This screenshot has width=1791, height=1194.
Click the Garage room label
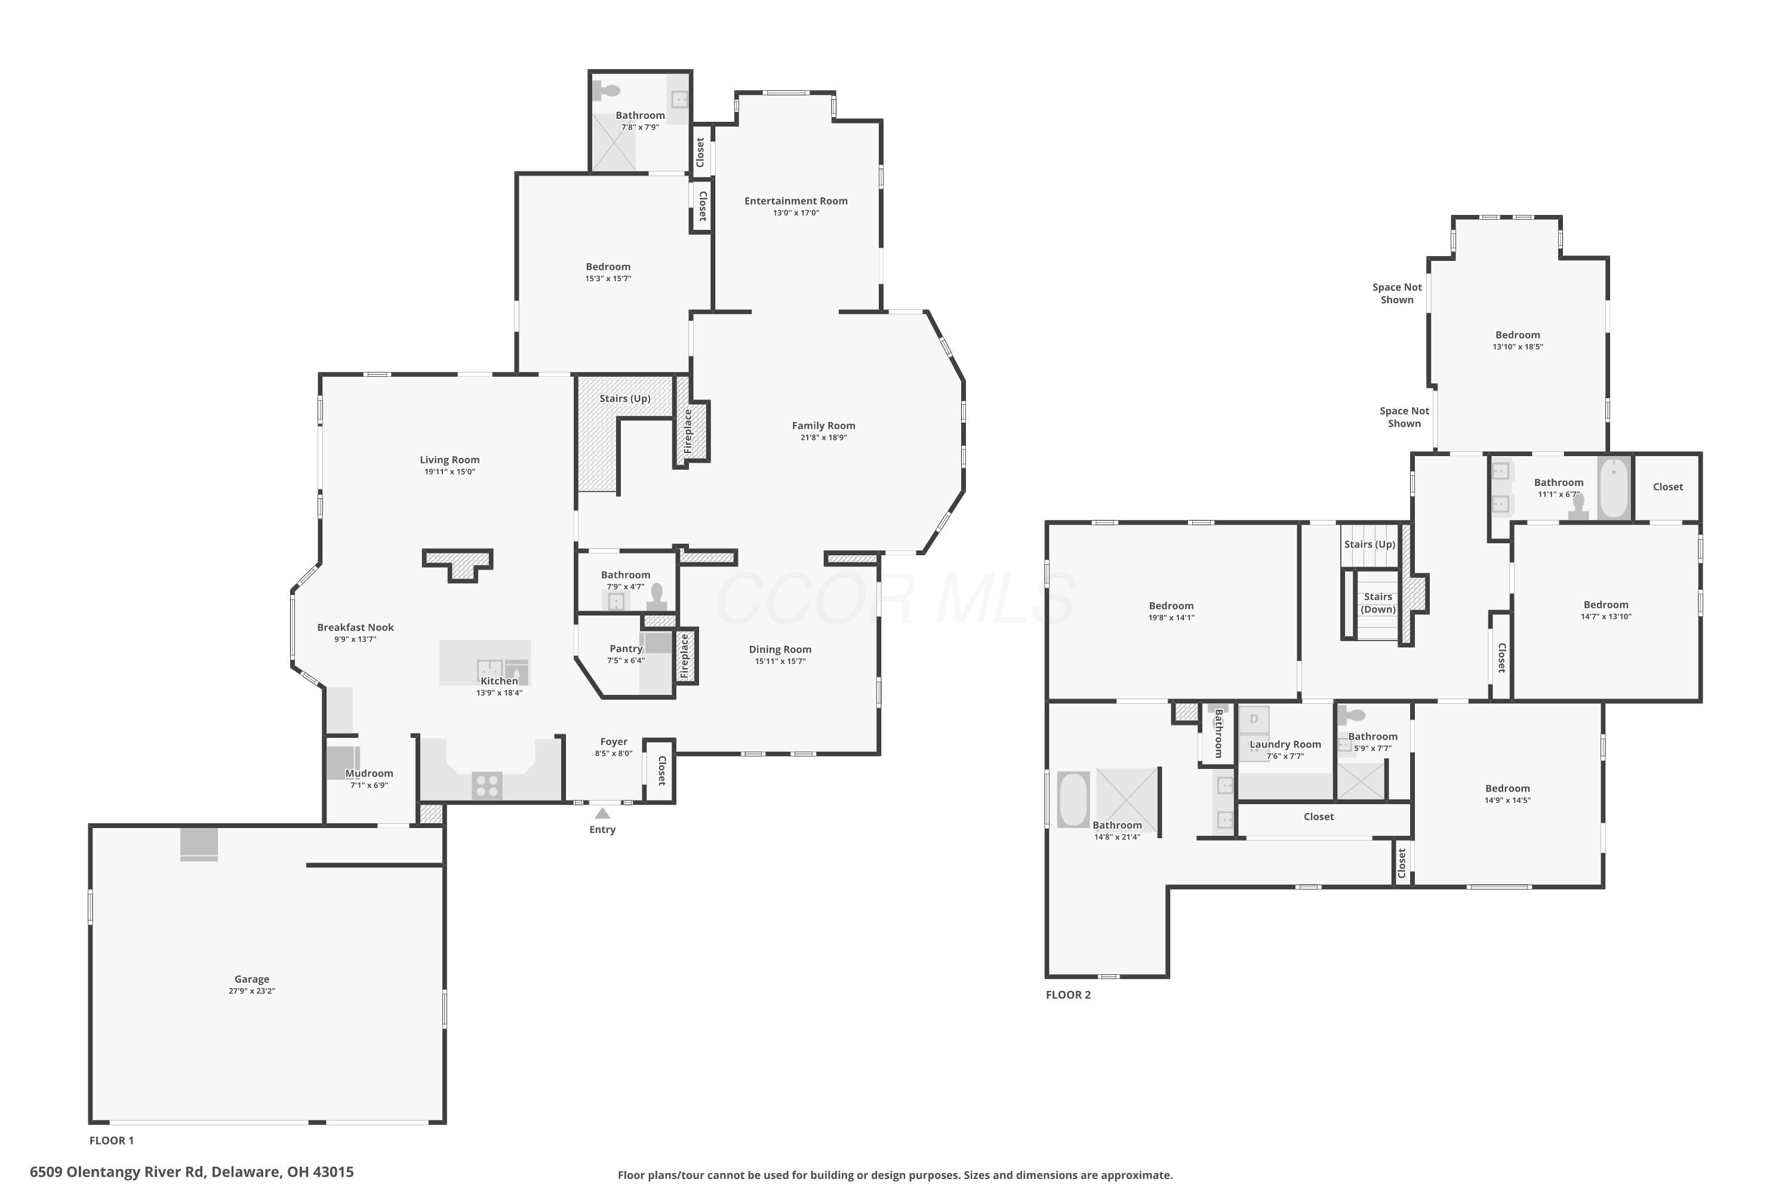click(x=252, y=979)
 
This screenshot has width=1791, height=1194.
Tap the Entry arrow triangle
click(x=602, y=813)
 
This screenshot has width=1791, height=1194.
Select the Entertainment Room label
click(x=796, y=201)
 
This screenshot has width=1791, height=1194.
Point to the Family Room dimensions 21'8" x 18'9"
click(x=823, y=438)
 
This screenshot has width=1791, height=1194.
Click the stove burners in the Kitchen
click(x=487, y=785)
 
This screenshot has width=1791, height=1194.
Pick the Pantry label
click(x=626, y=649)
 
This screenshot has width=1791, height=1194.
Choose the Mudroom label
click(x=370, y=774)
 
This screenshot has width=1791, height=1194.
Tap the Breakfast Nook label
click(x=356, y=627)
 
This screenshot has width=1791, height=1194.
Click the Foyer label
click(x=614, y=741)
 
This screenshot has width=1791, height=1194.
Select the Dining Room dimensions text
click(x=780, y=661)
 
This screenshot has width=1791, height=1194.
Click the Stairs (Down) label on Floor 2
click(x=1378, y=603)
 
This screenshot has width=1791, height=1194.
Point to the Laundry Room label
click(x=1285, y=744)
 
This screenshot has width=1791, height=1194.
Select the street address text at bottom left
click(x=192, y=1172)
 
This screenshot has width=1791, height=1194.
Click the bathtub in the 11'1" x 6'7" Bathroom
click(x=1614, y=487)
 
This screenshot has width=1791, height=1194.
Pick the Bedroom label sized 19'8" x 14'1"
click(x=1171, y=606)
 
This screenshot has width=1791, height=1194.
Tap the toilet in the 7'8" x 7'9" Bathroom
click(x=607, y=91)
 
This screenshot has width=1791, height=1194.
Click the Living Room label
click(x=450, y=460)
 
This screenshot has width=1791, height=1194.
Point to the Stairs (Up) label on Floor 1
click(x=625, y=399)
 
